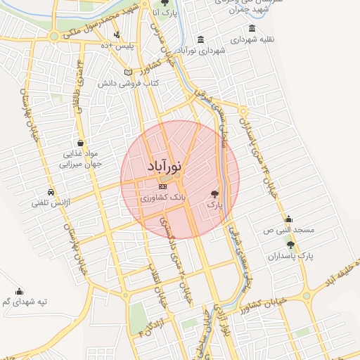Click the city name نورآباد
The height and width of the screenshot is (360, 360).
165,167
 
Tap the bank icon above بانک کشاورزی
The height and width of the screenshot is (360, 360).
163,186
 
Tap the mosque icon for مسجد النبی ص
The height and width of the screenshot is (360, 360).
288,219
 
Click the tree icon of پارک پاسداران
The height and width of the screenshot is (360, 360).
290,245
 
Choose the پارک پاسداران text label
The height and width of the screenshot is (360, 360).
288,257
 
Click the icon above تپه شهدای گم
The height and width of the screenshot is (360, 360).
19,290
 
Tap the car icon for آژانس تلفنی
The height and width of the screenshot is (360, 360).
51,192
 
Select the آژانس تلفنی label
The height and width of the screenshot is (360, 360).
47,203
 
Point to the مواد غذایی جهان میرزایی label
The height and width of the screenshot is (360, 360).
84,158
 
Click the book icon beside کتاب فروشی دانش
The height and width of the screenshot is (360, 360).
127,72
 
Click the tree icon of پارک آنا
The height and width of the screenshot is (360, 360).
165,4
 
